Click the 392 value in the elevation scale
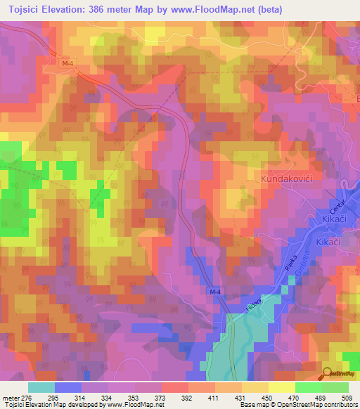click(x=187, y=397)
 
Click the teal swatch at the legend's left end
click(x=41, y=387)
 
